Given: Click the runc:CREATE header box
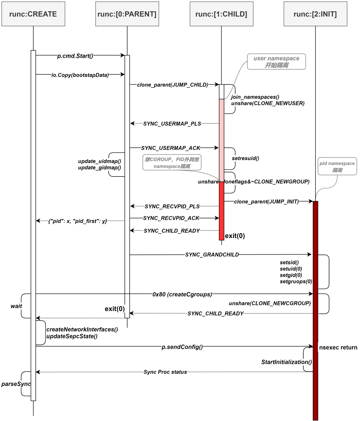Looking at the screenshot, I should (x=33, y=14).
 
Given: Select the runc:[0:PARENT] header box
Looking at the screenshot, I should (x=127, y=14).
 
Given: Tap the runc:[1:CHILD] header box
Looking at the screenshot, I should (x=221, y=14).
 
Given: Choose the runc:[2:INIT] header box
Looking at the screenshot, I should (x=315, y=14).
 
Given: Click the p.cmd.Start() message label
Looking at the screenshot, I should (x=75, y=56).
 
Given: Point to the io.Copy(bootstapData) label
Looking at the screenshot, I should (x=80, y=75).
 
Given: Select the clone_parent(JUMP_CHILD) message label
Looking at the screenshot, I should (x=173, y=85).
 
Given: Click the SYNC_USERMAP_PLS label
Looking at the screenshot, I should (x=172, y=124).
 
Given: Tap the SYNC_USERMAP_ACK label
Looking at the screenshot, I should (x=171, y=148).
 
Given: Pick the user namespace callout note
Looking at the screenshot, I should (x=276, y=62).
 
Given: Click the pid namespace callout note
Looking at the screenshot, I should (x=337, y=166).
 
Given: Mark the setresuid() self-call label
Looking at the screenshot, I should (x=245, y=158).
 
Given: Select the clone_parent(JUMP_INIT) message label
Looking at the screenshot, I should (x=266, y=201).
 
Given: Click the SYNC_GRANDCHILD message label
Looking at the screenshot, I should (x=212, y=255).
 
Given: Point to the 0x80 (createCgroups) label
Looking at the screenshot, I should (x=182, y=294).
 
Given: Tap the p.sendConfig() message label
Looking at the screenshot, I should (x=182, y=347).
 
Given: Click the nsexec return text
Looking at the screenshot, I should (x=338, y=347).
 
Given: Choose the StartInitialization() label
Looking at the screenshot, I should (x=286, y=362).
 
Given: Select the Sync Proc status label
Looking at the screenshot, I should (x=165, y=372).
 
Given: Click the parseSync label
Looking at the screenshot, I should (x=16, y=384).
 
